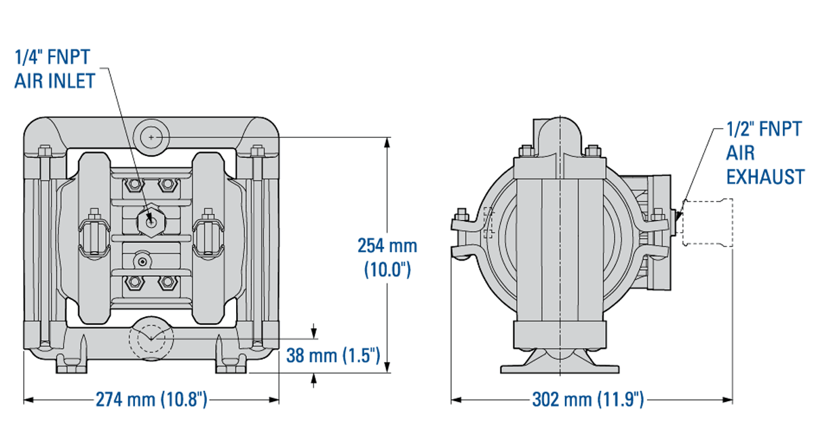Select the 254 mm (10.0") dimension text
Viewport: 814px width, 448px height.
coord(387,257)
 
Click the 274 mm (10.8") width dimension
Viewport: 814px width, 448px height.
coord(151,400)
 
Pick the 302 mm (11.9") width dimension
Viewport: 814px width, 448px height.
coord(587,400)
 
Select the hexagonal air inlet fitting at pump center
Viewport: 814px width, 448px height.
coord(149,221)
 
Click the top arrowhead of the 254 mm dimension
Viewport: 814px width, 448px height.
coord(387,141)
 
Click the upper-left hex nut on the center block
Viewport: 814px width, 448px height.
coord(132,185)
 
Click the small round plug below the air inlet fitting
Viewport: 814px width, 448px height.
coord(142,261)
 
